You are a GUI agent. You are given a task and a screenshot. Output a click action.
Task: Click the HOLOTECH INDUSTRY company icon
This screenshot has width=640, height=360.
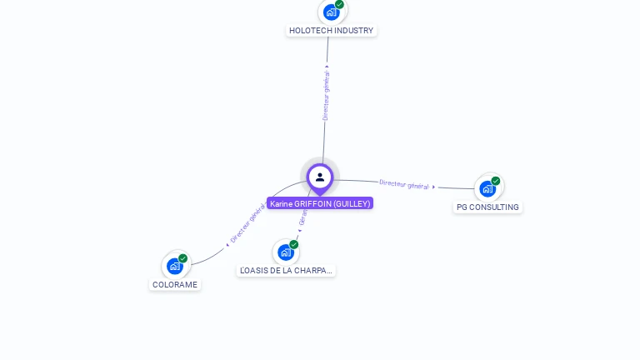tap(332, 12)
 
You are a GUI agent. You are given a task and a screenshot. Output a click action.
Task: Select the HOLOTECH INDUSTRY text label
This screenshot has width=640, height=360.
tap(331, 31)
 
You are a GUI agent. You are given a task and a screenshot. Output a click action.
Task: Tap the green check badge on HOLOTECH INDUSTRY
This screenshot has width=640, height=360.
tap(340, 4)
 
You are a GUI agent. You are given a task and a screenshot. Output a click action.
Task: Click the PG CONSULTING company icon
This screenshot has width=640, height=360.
tap(487, 189)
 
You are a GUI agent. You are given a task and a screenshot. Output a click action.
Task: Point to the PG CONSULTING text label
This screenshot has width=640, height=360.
tap(487, 207)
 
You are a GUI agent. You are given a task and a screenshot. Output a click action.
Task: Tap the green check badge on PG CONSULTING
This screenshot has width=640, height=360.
tap(496, 181)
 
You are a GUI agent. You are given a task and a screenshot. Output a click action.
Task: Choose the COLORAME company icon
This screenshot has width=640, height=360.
tap(175, 266)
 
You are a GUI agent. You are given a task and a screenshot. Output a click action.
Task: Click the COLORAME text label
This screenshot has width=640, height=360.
tap(175, 285)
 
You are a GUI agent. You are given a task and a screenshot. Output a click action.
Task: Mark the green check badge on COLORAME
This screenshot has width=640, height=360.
tap(183, 258)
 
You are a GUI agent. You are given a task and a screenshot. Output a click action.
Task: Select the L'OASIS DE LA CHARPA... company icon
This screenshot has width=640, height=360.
tap(286, 252)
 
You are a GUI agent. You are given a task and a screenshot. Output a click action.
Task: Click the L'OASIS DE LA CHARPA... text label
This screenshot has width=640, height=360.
tap(286, 271)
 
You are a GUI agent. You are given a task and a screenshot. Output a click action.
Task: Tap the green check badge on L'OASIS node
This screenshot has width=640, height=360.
tap(294, 244)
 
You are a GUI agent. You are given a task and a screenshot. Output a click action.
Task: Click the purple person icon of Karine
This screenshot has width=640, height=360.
tap(320, 177)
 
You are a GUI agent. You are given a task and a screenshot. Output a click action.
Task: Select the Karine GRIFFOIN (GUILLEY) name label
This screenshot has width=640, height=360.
tap(320, 203)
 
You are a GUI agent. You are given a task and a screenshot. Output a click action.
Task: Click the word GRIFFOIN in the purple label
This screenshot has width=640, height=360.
tap(312, 203)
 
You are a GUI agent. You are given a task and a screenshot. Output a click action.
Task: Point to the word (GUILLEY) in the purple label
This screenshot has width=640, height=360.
tap(352, 203)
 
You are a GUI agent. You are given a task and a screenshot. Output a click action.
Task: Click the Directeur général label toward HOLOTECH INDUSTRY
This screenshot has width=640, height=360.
tap(326, 95)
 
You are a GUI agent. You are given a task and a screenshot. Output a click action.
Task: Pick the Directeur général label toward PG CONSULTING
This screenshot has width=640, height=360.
tap(404, 184)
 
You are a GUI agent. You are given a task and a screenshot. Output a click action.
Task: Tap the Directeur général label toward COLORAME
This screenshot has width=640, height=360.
tap(247, 223)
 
